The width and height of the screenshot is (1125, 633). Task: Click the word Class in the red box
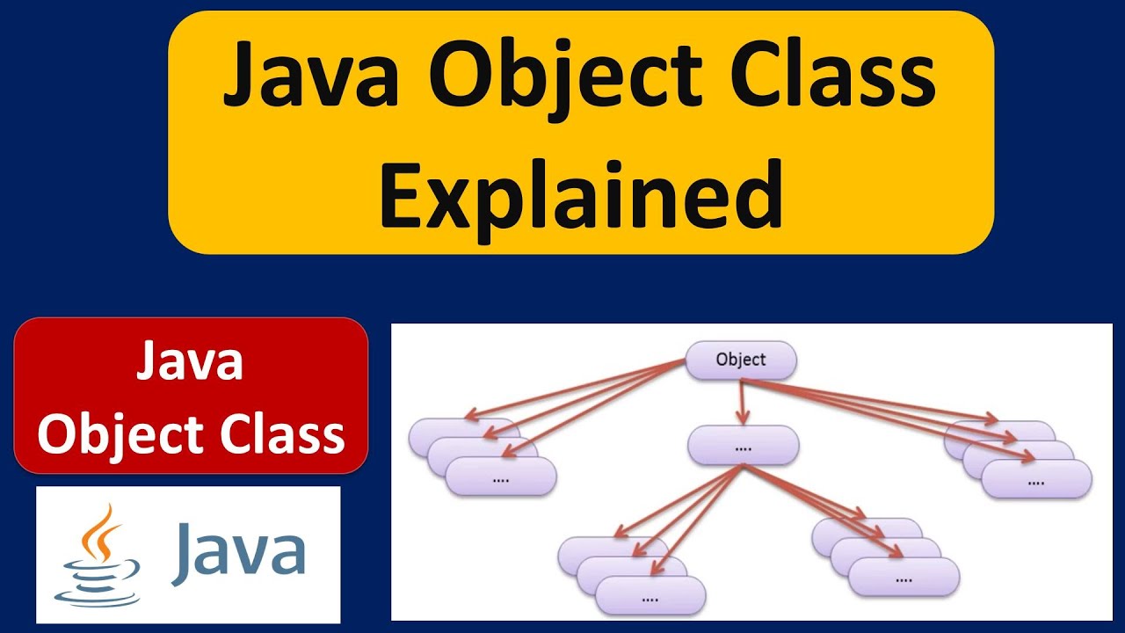click(x=282, y=434)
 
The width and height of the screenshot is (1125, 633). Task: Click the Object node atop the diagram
click(x=741, y=360)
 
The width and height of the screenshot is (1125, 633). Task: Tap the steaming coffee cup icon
click(x=97, y=555)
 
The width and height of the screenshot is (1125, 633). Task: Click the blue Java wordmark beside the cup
click(x=238, y=554)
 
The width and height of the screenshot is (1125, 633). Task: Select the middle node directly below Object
click(x=744, y=445)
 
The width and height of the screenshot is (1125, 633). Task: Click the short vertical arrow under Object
click(x=743, y=403)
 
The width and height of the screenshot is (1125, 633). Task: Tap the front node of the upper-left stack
click(x=501, y=477)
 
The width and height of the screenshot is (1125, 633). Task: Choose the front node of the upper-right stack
click(x=1036, y=479)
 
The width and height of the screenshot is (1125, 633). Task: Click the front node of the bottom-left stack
click(x=650, y=596)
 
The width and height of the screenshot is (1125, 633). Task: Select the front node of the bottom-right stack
click(x=904, y=577)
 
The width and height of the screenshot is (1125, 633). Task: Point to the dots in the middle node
click(x=744, y=448)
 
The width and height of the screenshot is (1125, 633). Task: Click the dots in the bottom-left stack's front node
click(x=650, y=600)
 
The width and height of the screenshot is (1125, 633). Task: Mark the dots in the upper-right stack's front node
click(x=1036, y=483)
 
